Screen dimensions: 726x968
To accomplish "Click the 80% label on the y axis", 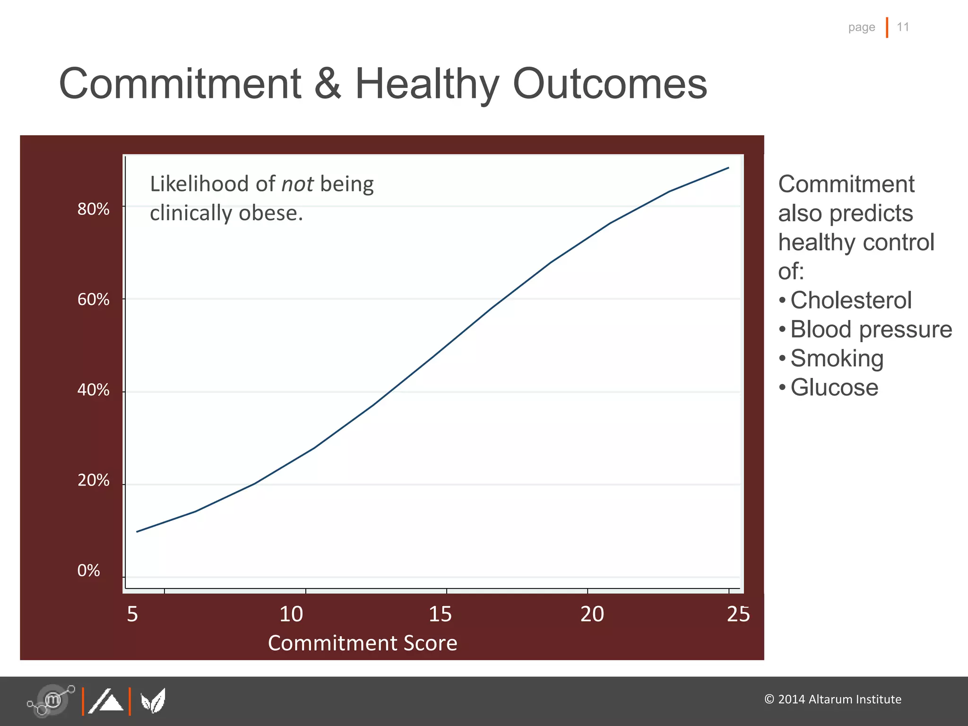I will point(93,209).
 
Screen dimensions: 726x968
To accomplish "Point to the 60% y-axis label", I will point(93,299).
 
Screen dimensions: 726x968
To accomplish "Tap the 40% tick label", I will point(93,390).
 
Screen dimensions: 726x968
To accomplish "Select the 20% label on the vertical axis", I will point(93,480).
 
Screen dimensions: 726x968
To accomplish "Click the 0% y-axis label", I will point(88,570).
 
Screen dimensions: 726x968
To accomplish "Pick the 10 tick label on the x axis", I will point(291,614).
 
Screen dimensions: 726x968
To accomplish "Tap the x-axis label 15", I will point(440,614).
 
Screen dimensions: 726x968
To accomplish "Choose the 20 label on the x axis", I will point(592,614).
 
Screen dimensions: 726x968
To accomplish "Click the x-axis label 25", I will point(738,614).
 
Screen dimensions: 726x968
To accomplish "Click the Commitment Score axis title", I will point(363,643).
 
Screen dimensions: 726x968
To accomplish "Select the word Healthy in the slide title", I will point(426,84).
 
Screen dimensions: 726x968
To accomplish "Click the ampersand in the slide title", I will point(327,84).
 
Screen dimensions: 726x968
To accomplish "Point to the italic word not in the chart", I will point(297,184).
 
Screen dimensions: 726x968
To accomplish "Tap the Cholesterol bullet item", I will point(851,300).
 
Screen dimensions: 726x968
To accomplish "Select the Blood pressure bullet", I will point(871,329).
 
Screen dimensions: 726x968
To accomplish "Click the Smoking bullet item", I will point(837,358).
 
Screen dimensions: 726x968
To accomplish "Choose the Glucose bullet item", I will point(834,388).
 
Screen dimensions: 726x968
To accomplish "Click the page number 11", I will point(903,27).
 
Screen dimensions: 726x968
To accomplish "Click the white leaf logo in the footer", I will point(153,701).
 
